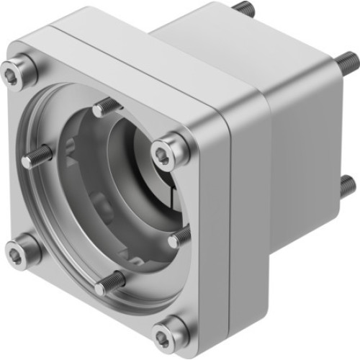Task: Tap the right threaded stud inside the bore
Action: click(181, 235)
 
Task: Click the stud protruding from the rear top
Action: click(245, 9)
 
